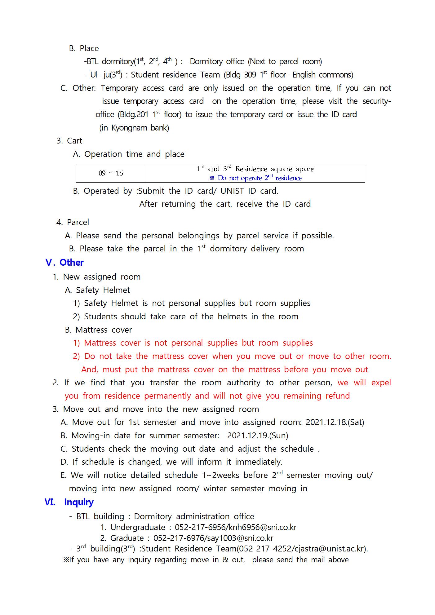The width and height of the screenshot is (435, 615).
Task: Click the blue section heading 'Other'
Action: pyautogui.click(x=71, y=263)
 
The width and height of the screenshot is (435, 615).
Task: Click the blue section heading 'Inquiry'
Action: pyautogui.click(x=79, y=502)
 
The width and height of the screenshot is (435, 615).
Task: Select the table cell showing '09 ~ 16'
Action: pyautogui.click(x=111, y=173)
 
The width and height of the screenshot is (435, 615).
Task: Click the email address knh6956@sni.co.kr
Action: pyautogui.click(x=263, y=527)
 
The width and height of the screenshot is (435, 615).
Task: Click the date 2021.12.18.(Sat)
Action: pyautogui.click(x=335, y=422)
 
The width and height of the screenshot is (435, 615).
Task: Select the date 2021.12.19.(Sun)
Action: pyautogui.click(x=258, y=436)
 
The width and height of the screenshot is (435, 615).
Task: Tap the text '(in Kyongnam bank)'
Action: pyautogui.click(x=134, y=128)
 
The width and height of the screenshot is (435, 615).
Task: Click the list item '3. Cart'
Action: pyautogui.click(x=69, y=141)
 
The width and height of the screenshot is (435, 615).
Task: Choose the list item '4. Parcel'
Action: pyautogui.click(x=73, y=222)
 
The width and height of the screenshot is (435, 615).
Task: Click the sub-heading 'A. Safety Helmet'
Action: pyautogui.click(x=97, y=290)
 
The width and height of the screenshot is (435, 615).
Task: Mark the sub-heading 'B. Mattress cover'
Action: pyautogui.click(x=98, y=330)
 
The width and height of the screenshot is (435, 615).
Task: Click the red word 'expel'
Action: pyautogui.click(x=381, y=383)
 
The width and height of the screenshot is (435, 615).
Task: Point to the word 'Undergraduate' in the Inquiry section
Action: pyautogui.click(x=138, y=527)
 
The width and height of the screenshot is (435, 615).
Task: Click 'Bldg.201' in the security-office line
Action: pyautogui.click(x=133, y=114)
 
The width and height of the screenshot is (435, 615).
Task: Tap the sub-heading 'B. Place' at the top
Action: pyautogui.click(x=84, y=48)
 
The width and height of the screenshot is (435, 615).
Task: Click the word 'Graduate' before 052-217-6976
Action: pyautogui.click(x=127, y=538)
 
